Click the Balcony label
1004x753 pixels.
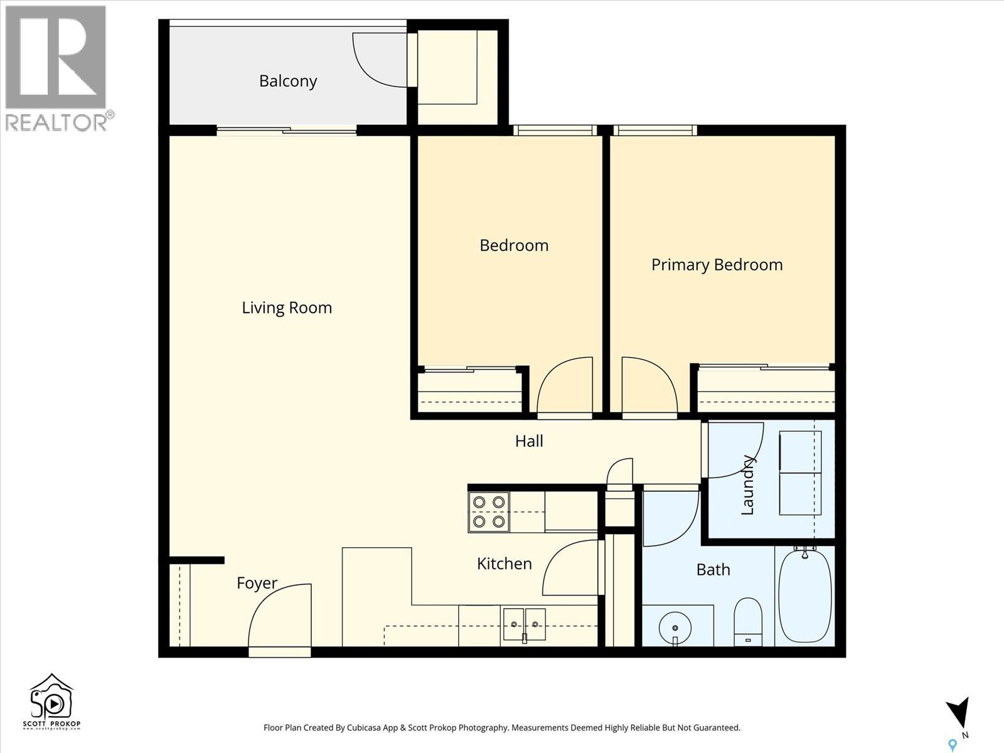coord(288,81)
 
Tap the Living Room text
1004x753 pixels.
coord(287,307)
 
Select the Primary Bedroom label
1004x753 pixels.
coord(717,265)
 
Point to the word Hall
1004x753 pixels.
coord(529,441)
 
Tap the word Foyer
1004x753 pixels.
coord(257,583)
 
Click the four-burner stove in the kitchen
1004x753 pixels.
coord(489,512)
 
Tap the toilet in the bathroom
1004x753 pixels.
coord(747,621)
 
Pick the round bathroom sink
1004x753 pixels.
coord(675,627)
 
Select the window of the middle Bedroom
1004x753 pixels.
coord(553,131)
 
